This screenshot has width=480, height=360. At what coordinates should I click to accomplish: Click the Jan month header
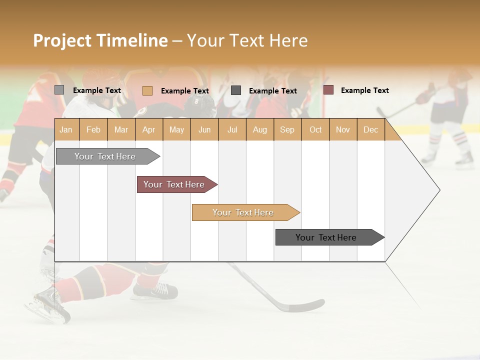pos(66,129)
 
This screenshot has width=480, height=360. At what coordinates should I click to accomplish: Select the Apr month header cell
pos(149,129)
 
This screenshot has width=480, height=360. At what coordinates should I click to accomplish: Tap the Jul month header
pos(232,129)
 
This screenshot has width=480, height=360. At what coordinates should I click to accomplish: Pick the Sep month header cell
pos(287,129)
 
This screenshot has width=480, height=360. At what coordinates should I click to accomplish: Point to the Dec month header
pos(370,129)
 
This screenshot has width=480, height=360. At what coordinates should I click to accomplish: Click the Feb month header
pos(93,129)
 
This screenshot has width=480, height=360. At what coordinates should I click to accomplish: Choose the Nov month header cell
pos(343,129)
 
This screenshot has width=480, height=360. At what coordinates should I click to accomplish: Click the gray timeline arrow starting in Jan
pos(105,156)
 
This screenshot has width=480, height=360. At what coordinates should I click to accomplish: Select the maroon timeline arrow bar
pos(174,184)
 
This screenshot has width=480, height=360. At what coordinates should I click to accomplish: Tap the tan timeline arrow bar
pos(243,212)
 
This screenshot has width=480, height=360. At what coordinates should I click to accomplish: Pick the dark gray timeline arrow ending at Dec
pos(326,237)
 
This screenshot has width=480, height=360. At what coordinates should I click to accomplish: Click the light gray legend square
pos(59,90)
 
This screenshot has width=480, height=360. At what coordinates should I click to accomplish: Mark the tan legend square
pos(147,90)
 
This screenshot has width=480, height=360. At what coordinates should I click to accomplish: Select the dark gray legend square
pos(236,90)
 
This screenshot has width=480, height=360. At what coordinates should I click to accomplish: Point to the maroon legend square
pos(328,90)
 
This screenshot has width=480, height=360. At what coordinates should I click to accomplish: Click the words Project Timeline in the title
pos(100,40)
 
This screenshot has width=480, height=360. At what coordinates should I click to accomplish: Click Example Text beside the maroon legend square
pos(364,90)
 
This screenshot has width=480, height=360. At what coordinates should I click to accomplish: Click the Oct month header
pos(315,129)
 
